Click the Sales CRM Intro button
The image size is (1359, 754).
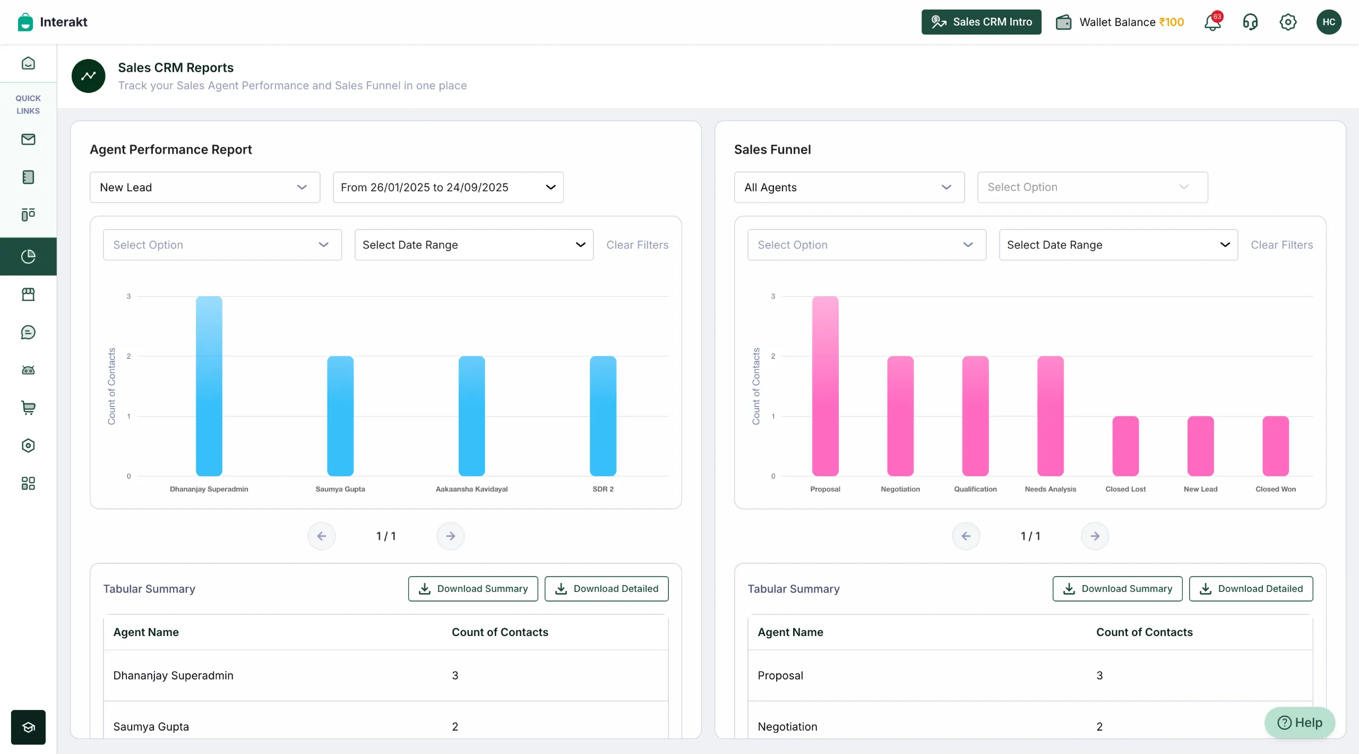[981, 22]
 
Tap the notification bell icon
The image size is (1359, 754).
[1212, 22]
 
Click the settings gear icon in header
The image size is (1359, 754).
[1288, 22]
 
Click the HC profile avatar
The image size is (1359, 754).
[1329, 22]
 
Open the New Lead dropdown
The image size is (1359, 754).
[205, 187]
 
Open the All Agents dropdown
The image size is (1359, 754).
[849, 187]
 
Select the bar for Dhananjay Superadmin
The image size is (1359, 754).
[209, 386]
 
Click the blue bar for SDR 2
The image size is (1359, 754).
[603, 416]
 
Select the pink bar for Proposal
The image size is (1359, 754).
[825, 386]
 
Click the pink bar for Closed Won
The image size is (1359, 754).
[1275, 446]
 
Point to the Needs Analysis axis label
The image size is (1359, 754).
[1050, 489]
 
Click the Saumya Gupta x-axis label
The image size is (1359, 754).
[340, 489]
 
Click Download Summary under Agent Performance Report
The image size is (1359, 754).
[473, 589]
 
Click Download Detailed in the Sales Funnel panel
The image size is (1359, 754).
[1251, 589]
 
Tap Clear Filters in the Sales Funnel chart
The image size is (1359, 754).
[1281, 245]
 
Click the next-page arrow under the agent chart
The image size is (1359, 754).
[450, 536]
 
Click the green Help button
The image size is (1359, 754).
[1300, 723]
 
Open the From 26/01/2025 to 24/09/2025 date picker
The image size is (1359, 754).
[448, 187]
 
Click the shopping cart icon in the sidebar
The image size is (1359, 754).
[28, 408]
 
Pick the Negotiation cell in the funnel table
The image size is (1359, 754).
[787, 726]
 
